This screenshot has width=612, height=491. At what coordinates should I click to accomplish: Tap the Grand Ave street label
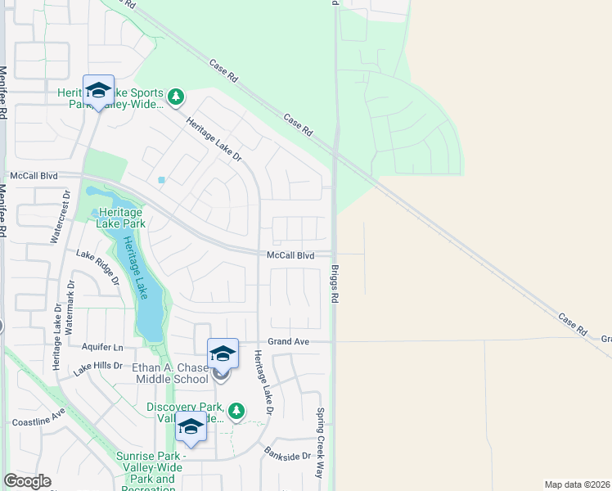click(x=289, y=341)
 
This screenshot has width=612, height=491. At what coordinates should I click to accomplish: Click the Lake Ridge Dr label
click(x=98, y=267)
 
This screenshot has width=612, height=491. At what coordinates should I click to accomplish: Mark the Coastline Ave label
click(x=38, y=422)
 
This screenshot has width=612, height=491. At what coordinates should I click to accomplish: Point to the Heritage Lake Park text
click(x=120, y=217)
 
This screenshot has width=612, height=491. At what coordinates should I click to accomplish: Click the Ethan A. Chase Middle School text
click(x=170, y=373)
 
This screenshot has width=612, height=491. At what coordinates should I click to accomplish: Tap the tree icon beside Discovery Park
click(x=236, y=410)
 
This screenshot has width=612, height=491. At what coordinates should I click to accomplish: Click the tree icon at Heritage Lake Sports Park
click(x=175, y=98)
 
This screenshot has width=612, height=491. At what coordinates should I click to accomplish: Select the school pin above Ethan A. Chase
click(x=223, y=354)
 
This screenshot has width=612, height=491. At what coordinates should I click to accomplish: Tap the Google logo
click(x=27, y=481)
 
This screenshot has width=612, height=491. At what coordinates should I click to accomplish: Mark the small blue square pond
click(x=161, y=180)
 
